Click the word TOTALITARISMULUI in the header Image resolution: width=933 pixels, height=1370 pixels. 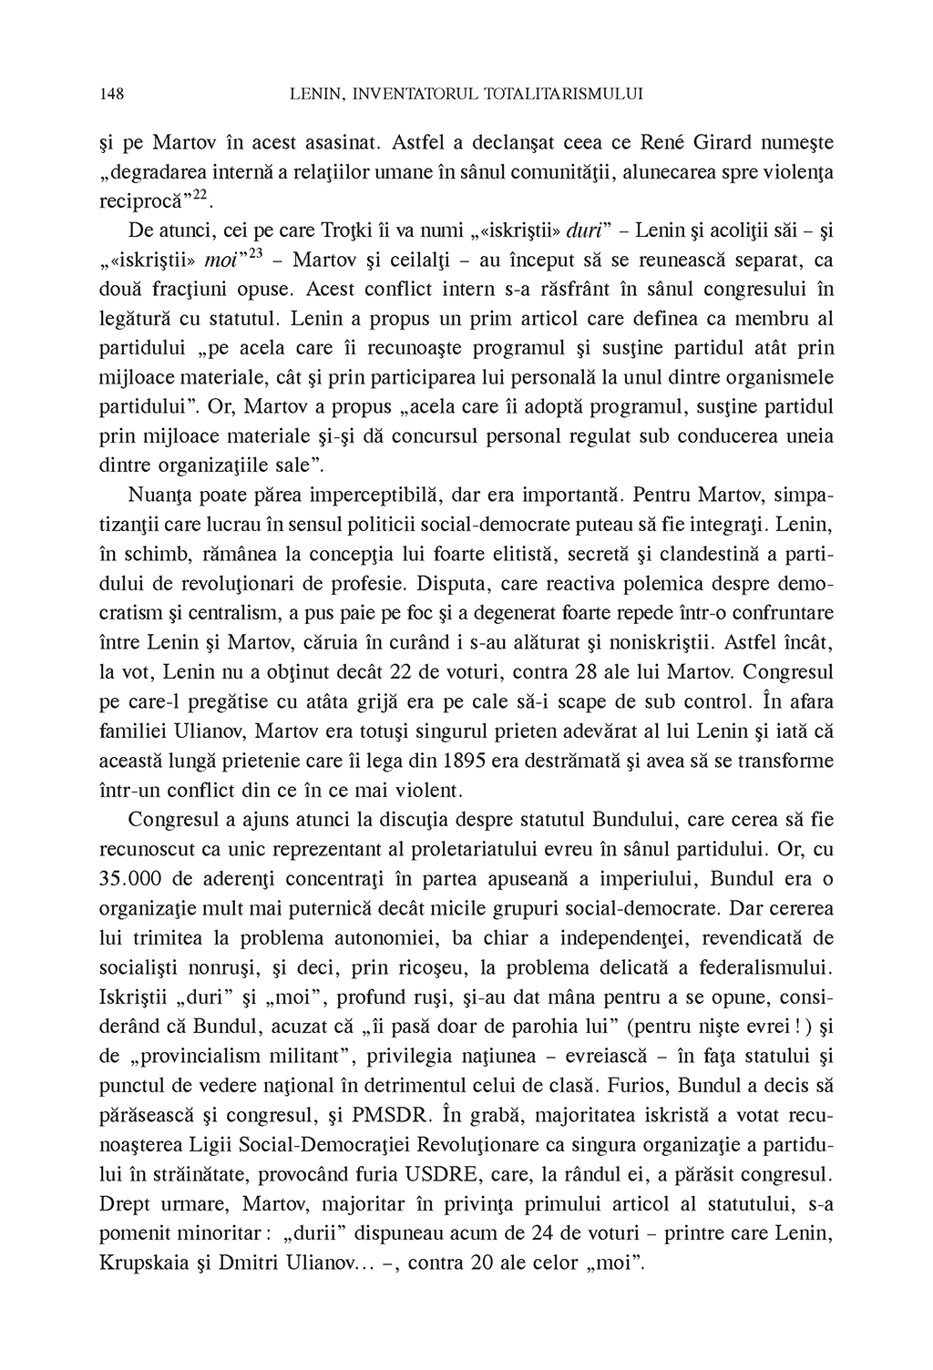point(566,94)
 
